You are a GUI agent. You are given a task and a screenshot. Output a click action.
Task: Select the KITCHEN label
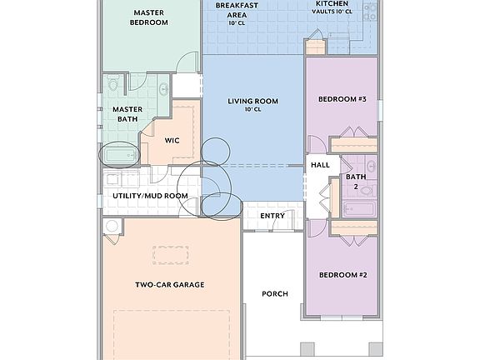pos(332,7)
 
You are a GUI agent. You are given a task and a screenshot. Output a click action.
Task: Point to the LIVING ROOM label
pos(252,104)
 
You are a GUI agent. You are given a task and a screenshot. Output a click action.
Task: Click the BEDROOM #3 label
pos(342,99)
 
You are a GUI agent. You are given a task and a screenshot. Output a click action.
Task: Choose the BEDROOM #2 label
pos(342,274)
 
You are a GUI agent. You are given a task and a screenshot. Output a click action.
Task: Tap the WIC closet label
pos(172,140)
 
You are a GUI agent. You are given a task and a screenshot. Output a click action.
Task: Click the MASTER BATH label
pos(127,113)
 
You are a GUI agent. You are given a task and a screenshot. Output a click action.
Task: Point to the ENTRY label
pos(272,216)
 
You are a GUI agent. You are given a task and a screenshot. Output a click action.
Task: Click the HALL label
pos(320,165)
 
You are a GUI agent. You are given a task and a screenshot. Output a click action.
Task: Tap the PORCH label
pos(275,293)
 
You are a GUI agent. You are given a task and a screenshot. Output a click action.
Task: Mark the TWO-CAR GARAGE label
pos(170,284)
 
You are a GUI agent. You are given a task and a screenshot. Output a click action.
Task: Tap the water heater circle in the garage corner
pos(112,227)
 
